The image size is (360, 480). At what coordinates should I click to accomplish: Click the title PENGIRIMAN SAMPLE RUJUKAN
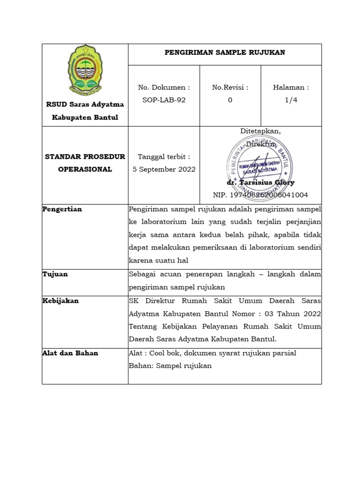coord(225,52)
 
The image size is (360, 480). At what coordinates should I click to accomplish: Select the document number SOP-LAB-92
coord(164,100)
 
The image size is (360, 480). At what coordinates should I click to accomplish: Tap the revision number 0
coord(230,100)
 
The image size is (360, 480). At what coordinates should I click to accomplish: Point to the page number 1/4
coord(291,100)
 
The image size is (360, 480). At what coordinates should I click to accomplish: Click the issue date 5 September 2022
coord(164,169)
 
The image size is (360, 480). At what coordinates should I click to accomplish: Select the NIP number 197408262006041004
coord(261,195)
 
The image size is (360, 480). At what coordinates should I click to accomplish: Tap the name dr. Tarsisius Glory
coord(261,183)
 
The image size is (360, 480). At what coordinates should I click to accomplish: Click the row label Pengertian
coord(62,209)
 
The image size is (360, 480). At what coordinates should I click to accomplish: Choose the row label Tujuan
coord(55,274)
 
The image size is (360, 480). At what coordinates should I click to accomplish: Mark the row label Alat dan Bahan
coord(70,353)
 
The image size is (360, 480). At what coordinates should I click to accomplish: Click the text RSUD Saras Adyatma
coord(85,104)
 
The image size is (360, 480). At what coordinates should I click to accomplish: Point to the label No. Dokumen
coord(164,87)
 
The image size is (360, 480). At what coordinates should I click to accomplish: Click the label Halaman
coord(291,87)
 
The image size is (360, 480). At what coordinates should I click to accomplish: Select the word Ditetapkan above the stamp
coord(261,131)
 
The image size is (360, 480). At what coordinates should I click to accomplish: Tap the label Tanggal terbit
coord(164,157)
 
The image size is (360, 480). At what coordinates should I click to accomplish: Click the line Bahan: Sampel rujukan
coord(170,366)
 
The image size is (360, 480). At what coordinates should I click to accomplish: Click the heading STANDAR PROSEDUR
coord(85,157)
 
